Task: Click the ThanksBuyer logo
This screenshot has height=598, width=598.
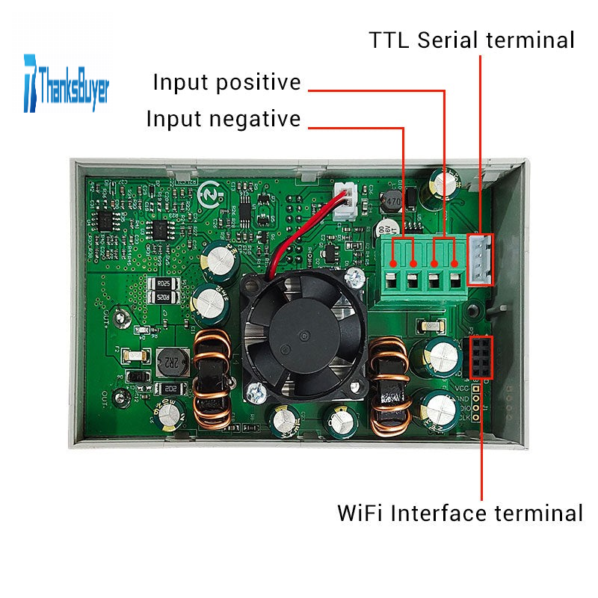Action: [x=67, y=82]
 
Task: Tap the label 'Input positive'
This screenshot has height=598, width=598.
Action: [x=226, y=82]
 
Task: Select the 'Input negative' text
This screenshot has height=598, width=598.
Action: [x=223, y=119]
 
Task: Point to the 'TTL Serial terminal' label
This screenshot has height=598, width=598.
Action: [x=472, y=40]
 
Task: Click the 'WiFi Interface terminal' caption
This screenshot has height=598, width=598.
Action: [x=460, y=514]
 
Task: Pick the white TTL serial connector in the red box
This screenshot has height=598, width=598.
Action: [x=479, y=259]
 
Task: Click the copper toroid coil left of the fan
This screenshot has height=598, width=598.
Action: [x=213, y=380]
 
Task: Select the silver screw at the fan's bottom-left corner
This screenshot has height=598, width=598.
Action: [x=257, y=389]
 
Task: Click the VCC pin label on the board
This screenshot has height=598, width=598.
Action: [x=463, y=388]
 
